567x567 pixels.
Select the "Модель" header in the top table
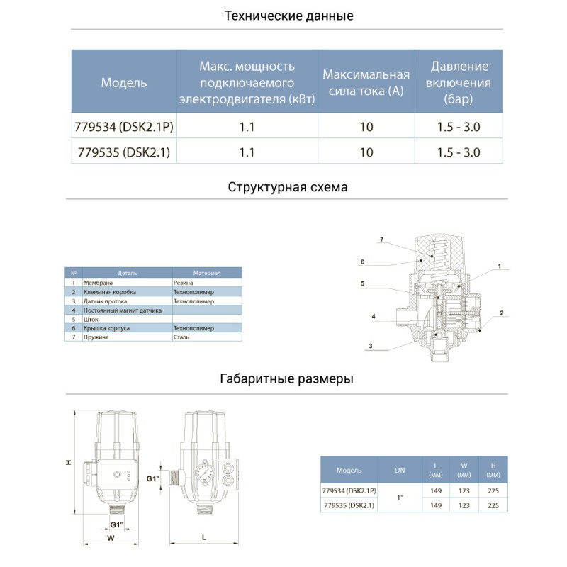[x=124, y=82]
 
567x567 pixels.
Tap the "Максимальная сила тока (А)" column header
[x=366, y=82]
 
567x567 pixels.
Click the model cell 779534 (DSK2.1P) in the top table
[x=124, y=128]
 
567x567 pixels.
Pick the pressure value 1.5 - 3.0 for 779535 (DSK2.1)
[x=459, y=152]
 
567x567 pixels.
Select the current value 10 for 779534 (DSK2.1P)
[x=366, y=128]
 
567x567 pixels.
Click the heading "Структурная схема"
[x=288, y=188]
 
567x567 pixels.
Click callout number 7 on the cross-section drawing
[x=381, y=240]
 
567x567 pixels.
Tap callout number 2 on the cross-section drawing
[x=500, y=313]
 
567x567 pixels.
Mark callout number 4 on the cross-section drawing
[x=372, y=315]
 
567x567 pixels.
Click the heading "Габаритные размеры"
[x=288, y=379]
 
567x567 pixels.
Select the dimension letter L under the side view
[x=203, y=538]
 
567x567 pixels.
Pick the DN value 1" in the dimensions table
[x=400, y=498]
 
